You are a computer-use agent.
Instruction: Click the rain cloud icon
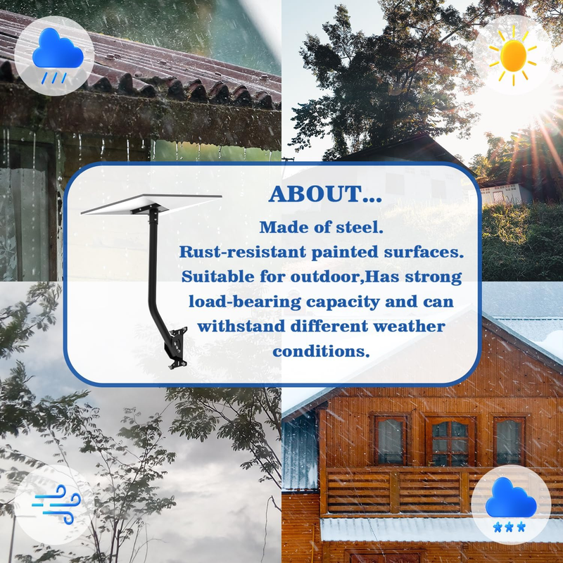point(58,55)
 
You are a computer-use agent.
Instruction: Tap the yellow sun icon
point(513,56)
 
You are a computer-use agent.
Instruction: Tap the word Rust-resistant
point(243,252)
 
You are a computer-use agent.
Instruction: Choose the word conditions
point(321,351)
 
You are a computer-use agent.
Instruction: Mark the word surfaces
point(424,252)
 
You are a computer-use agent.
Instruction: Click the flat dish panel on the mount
point(151,203)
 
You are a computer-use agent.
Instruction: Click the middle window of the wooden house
point(450,442)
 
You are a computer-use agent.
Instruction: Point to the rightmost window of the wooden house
point(509,442)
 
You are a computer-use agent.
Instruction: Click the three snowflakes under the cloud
point(509,526)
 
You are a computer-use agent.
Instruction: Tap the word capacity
point(343,303)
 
